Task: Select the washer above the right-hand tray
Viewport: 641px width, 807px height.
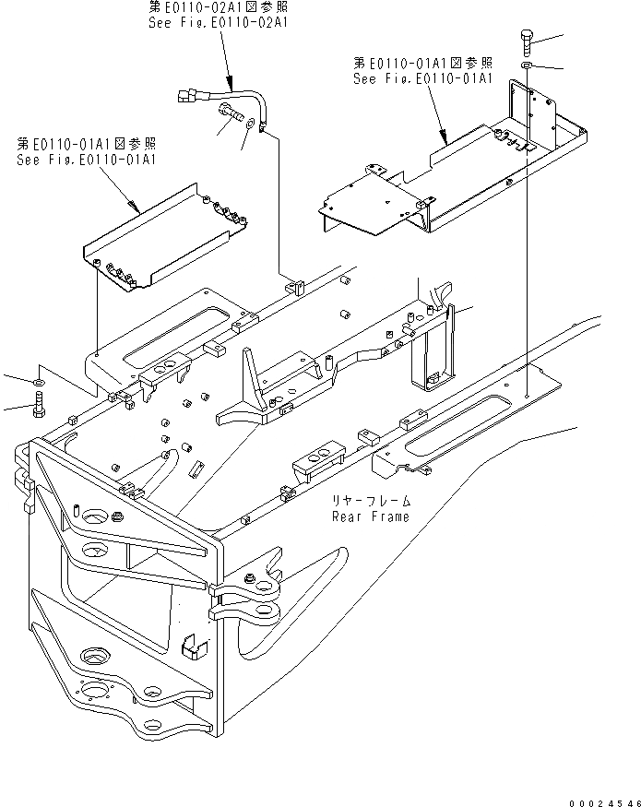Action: (x=525, y=67)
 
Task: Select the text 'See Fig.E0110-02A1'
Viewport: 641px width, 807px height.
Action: (x=218, y=22)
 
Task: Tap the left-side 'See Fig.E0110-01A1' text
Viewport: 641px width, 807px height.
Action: (x=86, y=159)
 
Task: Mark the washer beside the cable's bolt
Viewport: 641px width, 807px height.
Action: (x=249, y=120)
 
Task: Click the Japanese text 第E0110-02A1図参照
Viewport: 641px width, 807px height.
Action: (x=218, y=7)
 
